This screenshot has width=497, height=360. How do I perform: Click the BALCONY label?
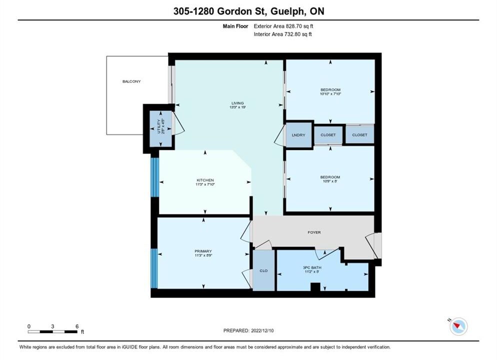[x=131, y=81]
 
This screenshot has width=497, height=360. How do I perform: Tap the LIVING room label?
[x=237, y=103]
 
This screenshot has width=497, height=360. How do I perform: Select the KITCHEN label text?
[x=205, y=180]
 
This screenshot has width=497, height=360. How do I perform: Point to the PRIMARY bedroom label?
[x=203, y=251]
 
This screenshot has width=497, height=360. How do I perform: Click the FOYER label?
[x=314, y=232]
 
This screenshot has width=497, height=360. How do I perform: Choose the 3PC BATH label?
[x=312, y=267]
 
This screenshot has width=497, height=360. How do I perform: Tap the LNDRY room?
[x=298, y=135]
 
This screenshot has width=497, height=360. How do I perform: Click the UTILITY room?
[x=161, y=128]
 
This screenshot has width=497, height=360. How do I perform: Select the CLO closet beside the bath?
[x=263, y=270]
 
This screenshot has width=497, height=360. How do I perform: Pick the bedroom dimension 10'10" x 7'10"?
[x=330, y=94]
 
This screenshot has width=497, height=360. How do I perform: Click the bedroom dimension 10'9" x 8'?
[x=330, y=181]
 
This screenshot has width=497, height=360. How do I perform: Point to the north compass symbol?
[x=458, y=326]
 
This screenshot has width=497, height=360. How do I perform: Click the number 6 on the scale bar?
[x=77, y=326]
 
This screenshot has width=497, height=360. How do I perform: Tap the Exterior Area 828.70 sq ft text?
[x=283, y=26]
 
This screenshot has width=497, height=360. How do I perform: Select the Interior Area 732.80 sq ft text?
[x=282, y=34]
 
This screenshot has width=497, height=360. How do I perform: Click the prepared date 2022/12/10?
[x=262, y=330]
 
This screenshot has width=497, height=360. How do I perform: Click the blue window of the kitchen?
[x=154, y=177]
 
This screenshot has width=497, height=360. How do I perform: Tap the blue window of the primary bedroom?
[x=154, y=268]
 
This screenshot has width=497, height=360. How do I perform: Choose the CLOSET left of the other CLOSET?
[x=328, y=135]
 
